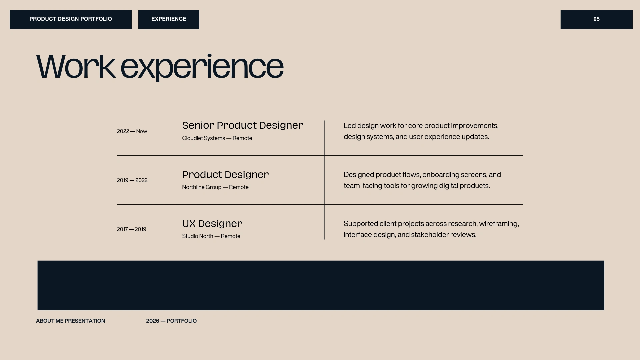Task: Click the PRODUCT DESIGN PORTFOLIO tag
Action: tap(71, 19)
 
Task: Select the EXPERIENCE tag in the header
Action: tap(169, 19)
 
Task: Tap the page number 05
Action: tap(596, 19)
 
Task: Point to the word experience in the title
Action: tap(202, 67)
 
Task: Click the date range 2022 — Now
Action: tap(132, 131)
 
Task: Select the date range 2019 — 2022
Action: tap(132, 180)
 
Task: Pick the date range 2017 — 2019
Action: tap(131, 229)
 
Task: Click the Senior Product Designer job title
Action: tap(243, 125)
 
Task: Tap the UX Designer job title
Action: tap(212, 224)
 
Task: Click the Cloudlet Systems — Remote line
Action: tap(217, 138)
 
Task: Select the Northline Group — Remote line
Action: tap(215, 187)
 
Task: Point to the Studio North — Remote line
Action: tap(211, 236)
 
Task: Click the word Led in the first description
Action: tap(350, 126)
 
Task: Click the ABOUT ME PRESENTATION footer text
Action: tap(70, 321)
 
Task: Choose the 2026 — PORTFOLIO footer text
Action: tap(171, 321)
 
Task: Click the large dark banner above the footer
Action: tap(321, 285)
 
